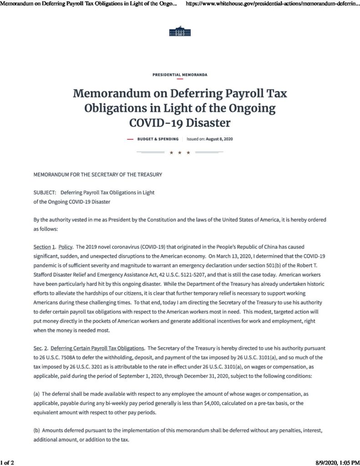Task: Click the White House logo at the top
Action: coord(180,31)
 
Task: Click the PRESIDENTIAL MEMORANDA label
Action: coord(180,74)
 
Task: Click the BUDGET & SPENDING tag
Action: coord(158,139)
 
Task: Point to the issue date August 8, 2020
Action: coord(221,139)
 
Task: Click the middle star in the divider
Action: coord(180,152)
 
